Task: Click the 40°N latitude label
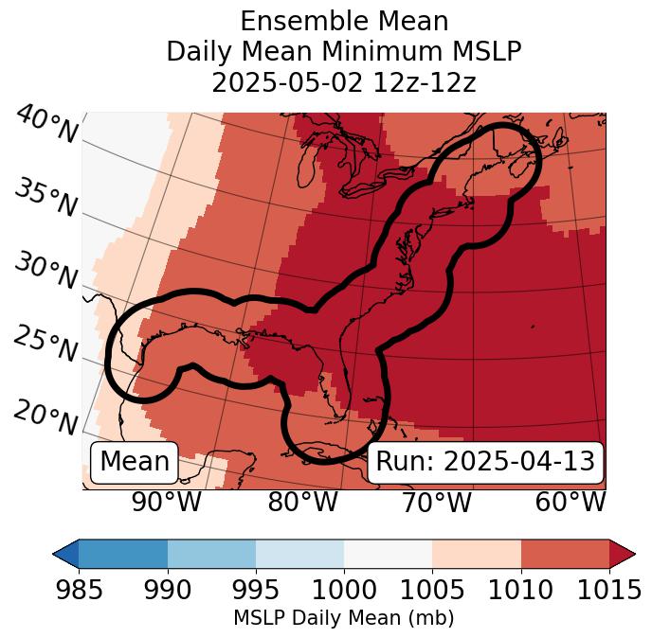(x=45, y=126)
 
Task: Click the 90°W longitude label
(x=167, y=502)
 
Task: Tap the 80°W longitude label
(x=302, y=502)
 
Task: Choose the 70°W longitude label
(x=436, y=502)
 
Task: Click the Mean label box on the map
(x=135, y=462)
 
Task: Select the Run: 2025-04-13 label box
(x=485, y=462)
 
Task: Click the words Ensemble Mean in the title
(x=344, y=21)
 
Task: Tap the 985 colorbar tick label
(x=78, y=591)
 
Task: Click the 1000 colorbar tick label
(x=344, y=591)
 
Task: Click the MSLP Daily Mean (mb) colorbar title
(x=344, y=619)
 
